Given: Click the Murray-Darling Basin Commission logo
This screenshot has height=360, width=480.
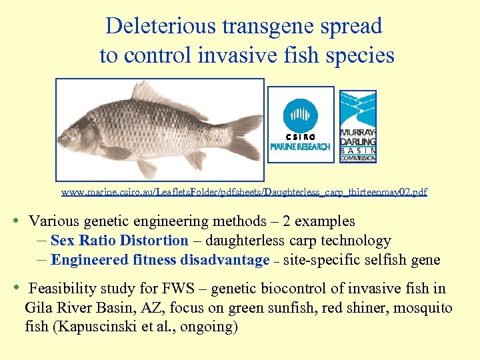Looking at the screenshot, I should pyautogui.click(x=358, y=126).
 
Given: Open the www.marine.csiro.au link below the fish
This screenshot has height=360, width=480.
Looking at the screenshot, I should pyautogui.click(x=244, y=192).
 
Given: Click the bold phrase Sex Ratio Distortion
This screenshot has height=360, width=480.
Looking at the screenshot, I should pyautogui.click(x=119, y=241).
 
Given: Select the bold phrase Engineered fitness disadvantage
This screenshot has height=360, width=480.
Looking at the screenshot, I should pyautogui.click(x=160, y=260).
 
